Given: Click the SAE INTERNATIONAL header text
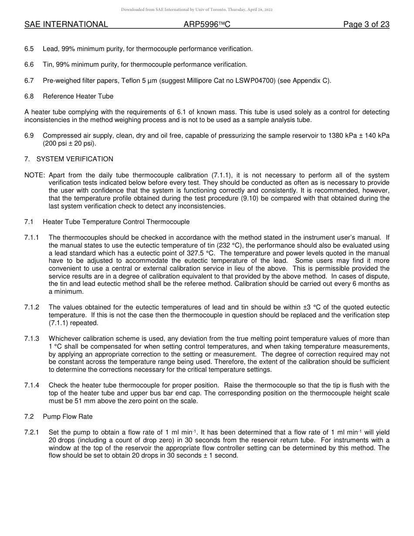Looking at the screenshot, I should [66, 24].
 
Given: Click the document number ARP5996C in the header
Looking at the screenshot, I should [207, 24].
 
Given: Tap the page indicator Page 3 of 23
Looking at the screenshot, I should [366, 24].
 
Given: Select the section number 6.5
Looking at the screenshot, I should [29, 49].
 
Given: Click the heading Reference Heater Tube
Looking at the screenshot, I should [78, 96].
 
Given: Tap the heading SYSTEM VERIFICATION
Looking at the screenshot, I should [75, 159].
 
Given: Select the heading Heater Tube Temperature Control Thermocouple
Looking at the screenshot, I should [116, 222].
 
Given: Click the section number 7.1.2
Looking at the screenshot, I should [32, 307].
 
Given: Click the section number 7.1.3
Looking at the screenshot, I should [32, 339].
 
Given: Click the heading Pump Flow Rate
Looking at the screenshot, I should [68, 417].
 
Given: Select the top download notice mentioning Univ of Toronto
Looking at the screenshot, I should [197, 10].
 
